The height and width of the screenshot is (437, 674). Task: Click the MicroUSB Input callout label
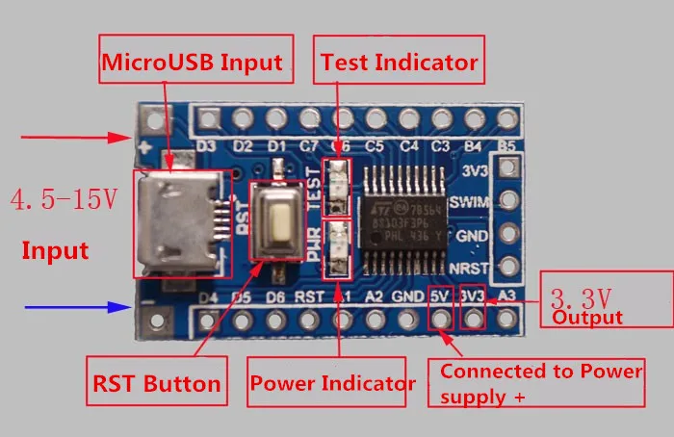[x=193, y=63]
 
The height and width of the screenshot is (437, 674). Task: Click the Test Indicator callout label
[x=399, y=63]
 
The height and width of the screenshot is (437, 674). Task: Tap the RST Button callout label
[x=156, y=383]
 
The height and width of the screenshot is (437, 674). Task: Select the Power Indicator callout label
[x=333, y=383]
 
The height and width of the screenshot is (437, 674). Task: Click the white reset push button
[x=282, y=222]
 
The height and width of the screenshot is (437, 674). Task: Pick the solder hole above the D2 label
[x=242, y=118]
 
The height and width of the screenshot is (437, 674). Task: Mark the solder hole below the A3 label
[x=508, y=317]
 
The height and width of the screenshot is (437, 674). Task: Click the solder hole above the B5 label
[x=508, y=118]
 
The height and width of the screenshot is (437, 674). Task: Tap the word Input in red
[x=55, y=251]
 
